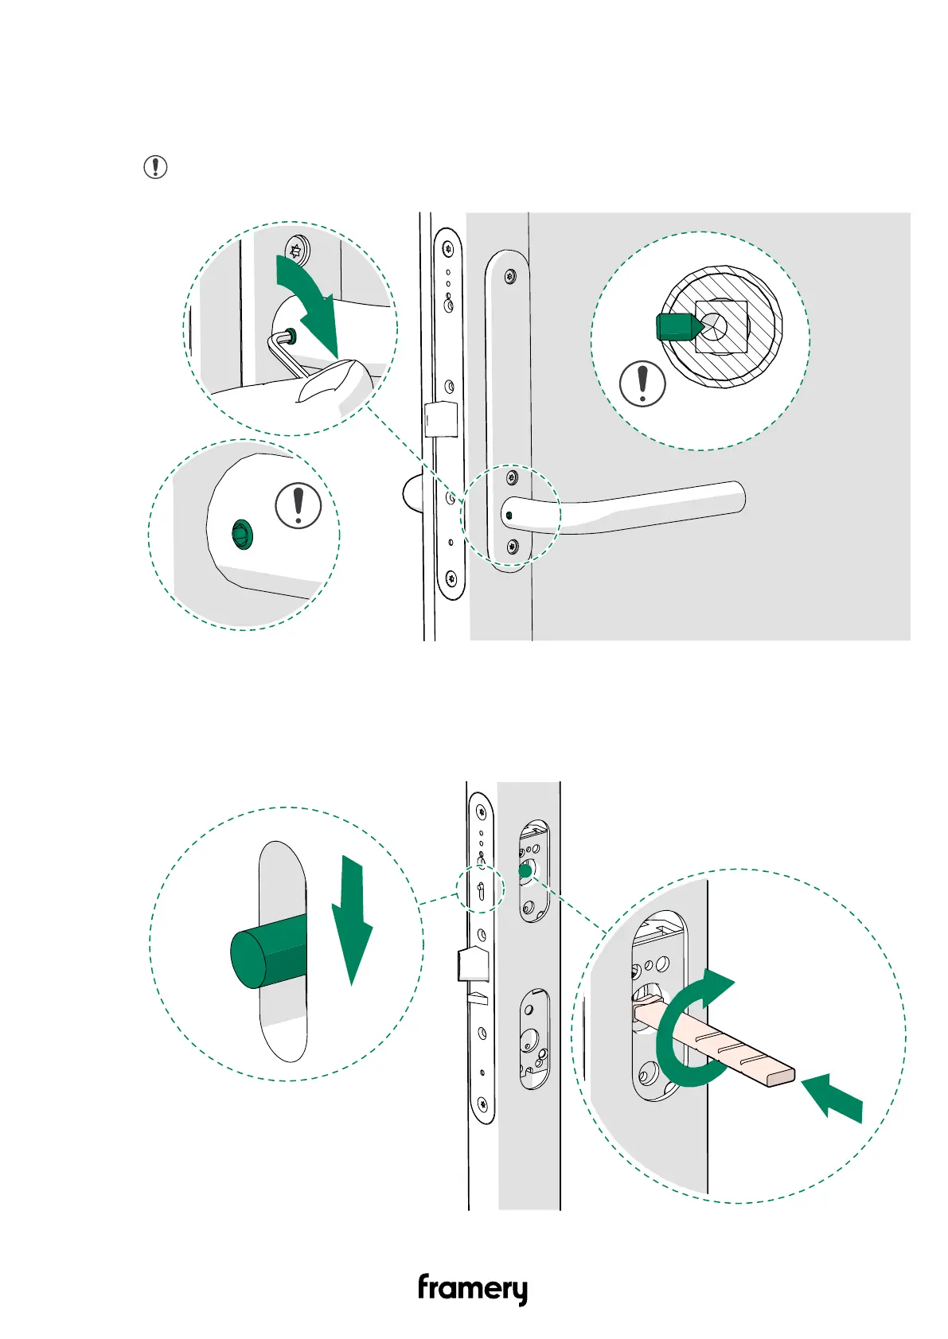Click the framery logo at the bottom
pos(473,1289)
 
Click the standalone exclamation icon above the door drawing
pos(155,167)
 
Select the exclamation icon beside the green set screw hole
pos(298,506)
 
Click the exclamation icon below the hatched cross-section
pos(643,383)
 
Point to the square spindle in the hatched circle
pos(721,326)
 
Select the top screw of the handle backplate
pos(510,275)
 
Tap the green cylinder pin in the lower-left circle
pos(268,953)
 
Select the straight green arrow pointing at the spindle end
pos(831,1097)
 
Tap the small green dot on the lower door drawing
pos(525,871)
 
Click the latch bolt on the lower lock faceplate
pos(473,965)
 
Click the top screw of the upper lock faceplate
pos(447,248)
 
